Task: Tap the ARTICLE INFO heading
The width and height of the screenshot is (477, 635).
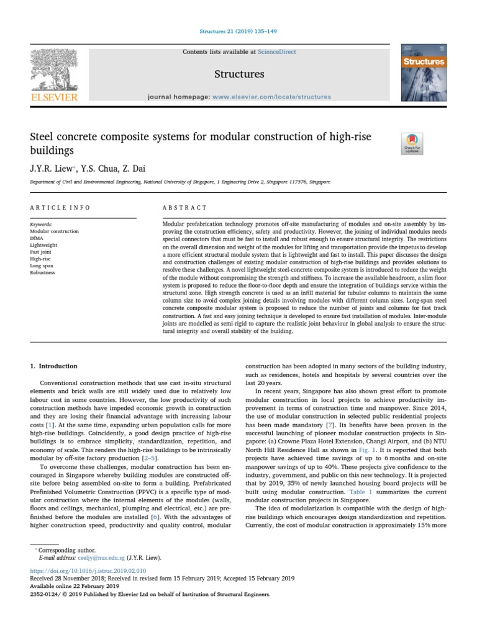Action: click(x=60, y=207)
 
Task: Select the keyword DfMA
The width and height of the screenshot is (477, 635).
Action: click(x=38, y=238)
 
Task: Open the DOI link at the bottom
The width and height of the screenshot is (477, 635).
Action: click(x=88, y=571)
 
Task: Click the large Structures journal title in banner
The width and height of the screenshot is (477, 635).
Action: click(x=239, y=74)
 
